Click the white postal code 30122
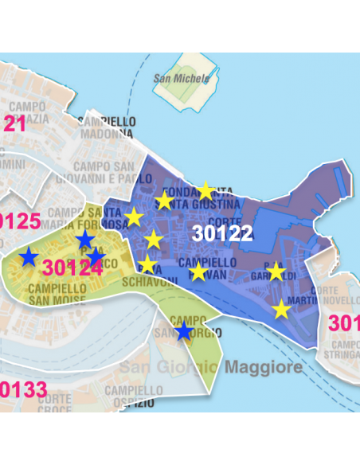pos(222,233)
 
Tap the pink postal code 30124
pos(72,268)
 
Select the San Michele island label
pos(182,79)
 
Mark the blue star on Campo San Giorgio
pos(184,330)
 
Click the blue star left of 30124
pos(29,256)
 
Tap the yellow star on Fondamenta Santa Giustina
pos(205,190)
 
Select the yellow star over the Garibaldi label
pos(276,272)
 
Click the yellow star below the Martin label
pos(282,310)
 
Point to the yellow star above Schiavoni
pos(147,264)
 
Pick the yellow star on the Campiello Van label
pos(198,272)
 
